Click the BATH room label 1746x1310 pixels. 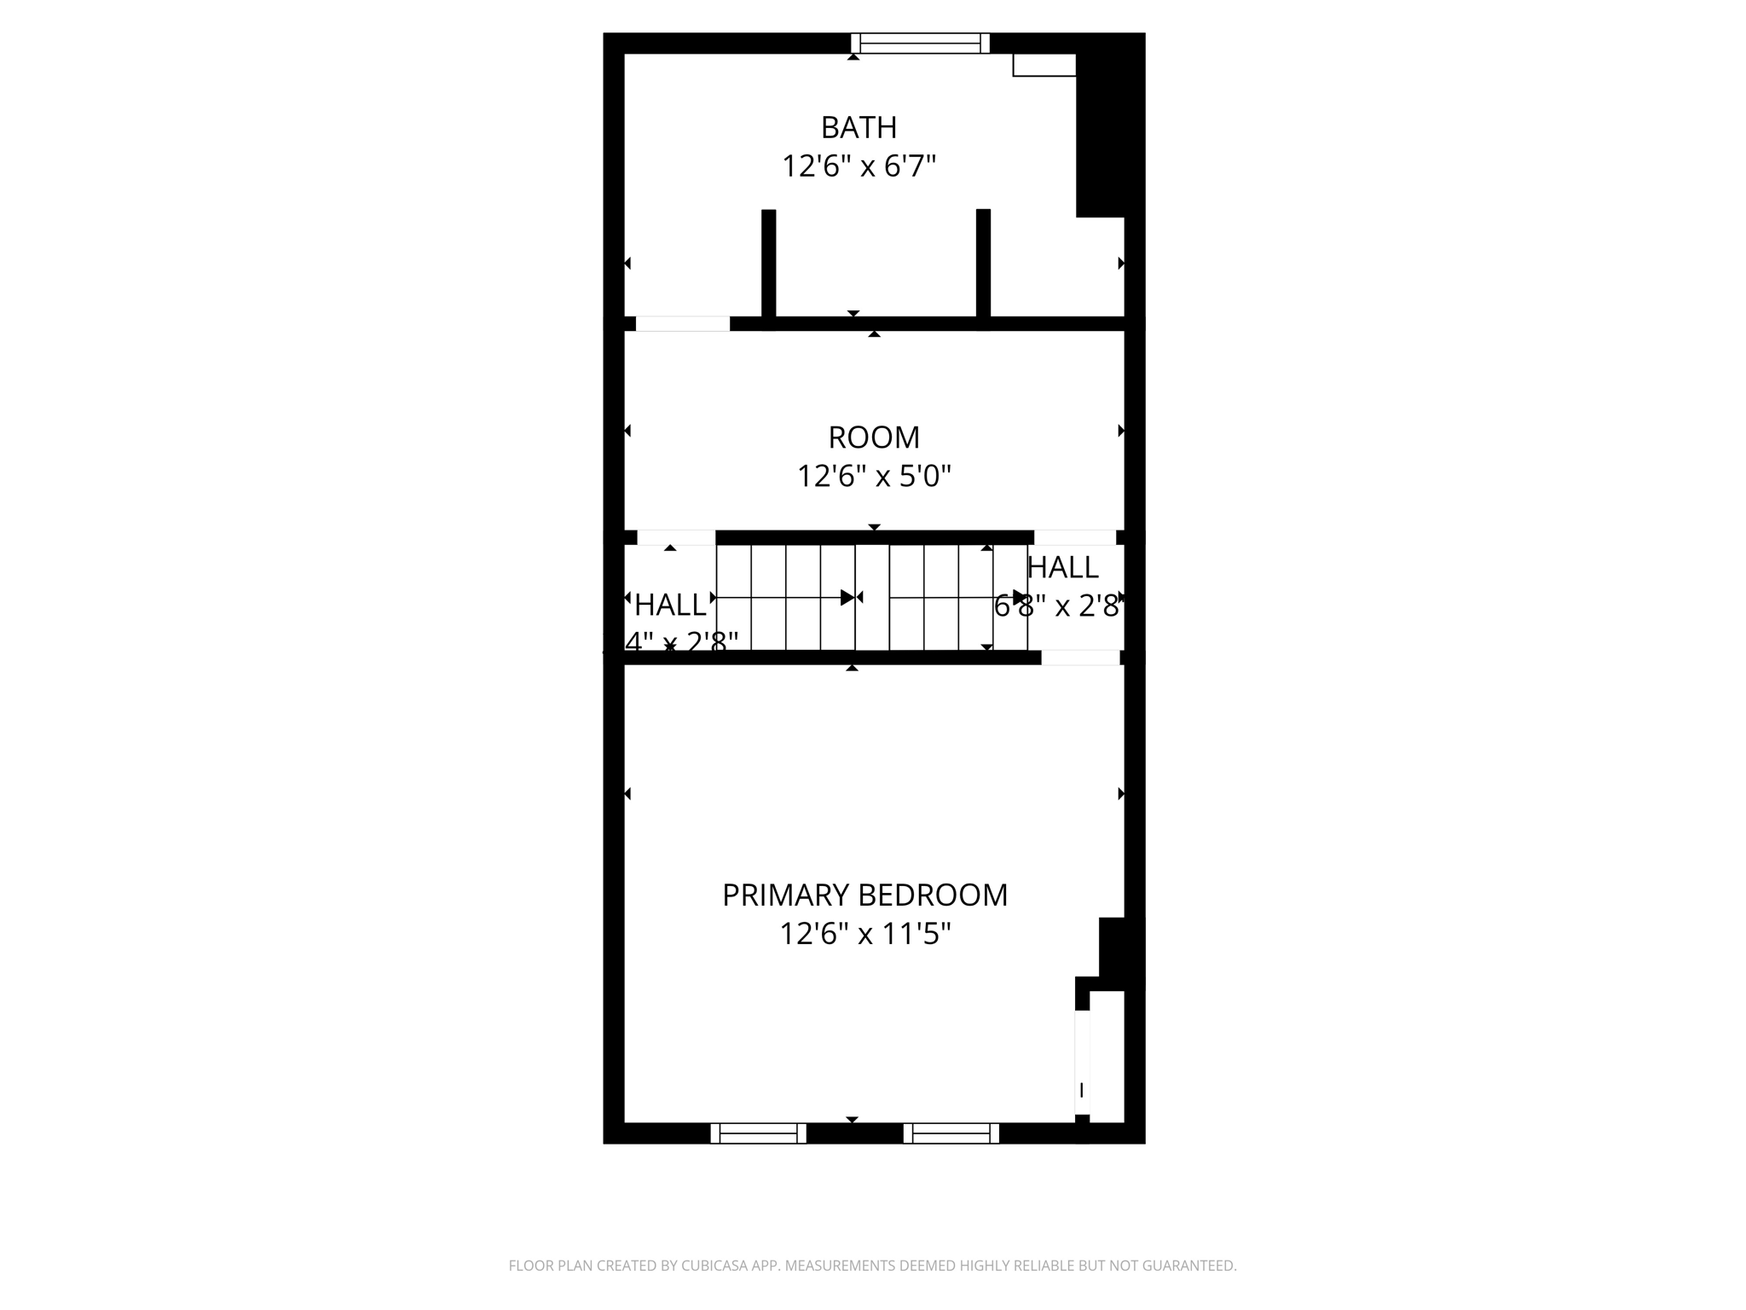(x=859, y=127)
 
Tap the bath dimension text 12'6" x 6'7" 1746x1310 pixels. (x=859, y=165)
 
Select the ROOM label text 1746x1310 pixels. (x=874, y=438)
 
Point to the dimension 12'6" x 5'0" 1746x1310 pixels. (x=874, y=476)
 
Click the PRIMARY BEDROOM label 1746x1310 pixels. (x=864, y=896)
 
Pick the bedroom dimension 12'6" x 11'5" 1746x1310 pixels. (x=864, y=934)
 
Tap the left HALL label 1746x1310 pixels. (x=670, y=606)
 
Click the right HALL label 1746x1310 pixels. (x=1062, y=567)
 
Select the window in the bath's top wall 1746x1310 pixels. (x=920, y=43)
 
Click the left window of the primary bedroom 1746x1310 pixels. (x=758, y=1133)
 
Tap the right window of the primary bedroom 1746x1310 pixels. (x=951, y=1133)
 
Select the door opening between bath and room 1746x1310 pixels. (x=683, y=323)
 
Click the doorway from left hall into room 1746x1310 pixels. (x=676, y=537)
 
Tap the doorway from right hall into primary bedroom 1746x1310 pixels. (x=1080, y=658)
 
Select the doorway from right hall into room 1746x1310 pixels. (x=1075, y=537)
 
